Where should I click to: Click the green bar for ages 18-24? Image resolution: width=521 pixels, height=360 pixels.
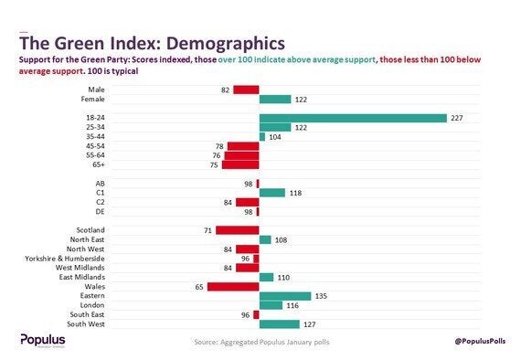[x=353, y=118]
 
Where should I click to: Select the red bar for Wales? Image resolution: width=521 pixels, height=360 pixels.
[x=233, y=286]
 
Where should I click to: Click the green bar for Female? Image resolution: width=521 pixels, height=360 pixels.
[x=275, y=99]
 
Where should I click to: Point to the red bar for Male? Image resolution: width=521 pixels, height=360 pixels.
[x=246, y=90]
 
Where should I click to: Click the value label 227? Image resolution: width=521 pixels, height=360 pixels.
[x=456, y=118]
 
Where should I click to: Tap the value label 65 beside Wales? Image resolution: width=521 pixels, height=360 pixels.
[x=199, y=286]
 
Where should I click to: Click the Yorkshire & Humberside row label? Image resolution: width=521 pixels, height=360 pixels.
[x=65, y=259]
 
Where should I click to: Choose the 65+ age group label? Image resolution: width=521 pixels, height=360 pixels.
[x=96, y=164]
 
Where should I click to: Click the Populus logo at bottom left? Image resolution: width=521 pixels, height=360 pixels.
[x=43, y=340]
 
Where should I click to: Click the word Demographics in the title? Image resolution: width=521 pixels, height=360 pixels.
[x=219, y=43]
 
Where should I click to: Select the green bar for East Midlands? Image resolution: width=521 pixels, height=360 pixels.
[x=267, y=277]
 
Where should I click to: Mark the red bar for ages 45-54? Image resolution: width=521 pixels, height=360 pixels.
[x=243, y=146]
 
